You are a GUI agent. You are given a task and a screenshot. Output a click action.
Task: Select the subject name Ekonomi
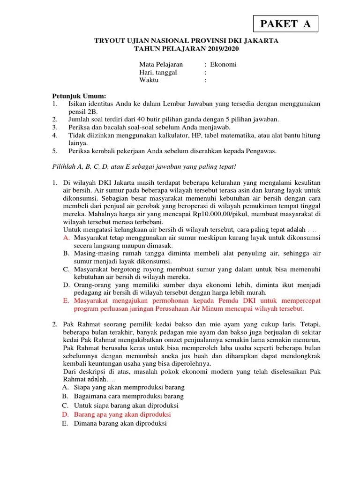click(224, 64)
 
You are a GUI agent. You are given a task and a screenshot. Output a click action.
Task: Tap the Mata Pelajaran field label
click(161, 64)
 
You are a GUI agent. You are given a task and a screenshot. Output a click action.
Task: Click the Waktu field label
click(149, 80)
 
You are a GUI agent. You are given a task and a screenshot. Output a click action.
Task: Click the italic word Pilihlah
click(64, 166)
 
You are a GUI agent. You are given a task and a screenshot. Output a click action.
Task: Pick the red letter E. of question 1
click(66, 301)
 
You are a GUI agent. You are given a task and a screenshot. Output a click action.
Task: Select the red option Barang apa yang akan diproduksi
click(122, 415)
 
